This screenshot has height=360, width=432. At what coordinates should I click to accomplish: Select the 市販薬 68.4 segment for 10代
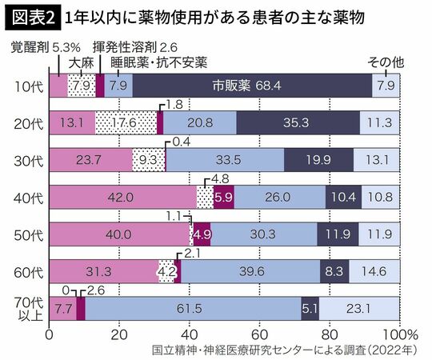(252, 85)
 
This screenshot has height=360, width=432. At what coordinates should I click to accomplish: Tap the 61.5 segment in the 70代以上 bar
(190, 309)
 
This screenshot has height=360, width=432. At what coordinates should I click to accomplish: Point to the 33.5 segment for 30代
(225, 159)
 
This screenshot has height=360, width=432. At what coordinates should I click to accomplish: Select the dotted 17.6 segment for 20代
(126, 122)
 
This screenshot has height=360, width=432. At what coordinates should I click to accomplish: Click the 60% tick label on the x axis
(258, 334)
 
